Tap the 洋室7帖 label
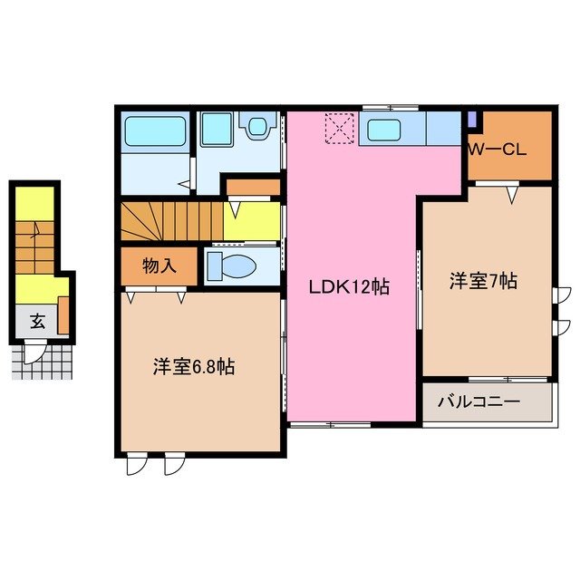pyautogui.click(x=484, y=282)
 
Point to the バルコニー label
pyautogui.click(x=479, y=401)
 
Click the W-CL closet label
pyautogui.click(x=497, y=150)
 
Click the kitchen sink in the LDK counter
pyautogui.click(x=384, y=130)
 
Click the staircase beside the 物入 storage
pyautogui.click(x=170, y=221)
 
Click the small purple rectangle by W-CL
pyautogui.click(x=472, y=119)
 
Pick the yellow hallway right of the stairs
pyautogui.click(x=251, y=221)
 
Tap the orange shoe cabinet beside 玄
pyautogui.click(x=64, y=313)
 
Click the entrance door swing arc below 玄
pyautogui.click(x=34, y=352)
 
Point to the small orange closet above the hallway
pyautogui.click(x=251, y=188)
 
